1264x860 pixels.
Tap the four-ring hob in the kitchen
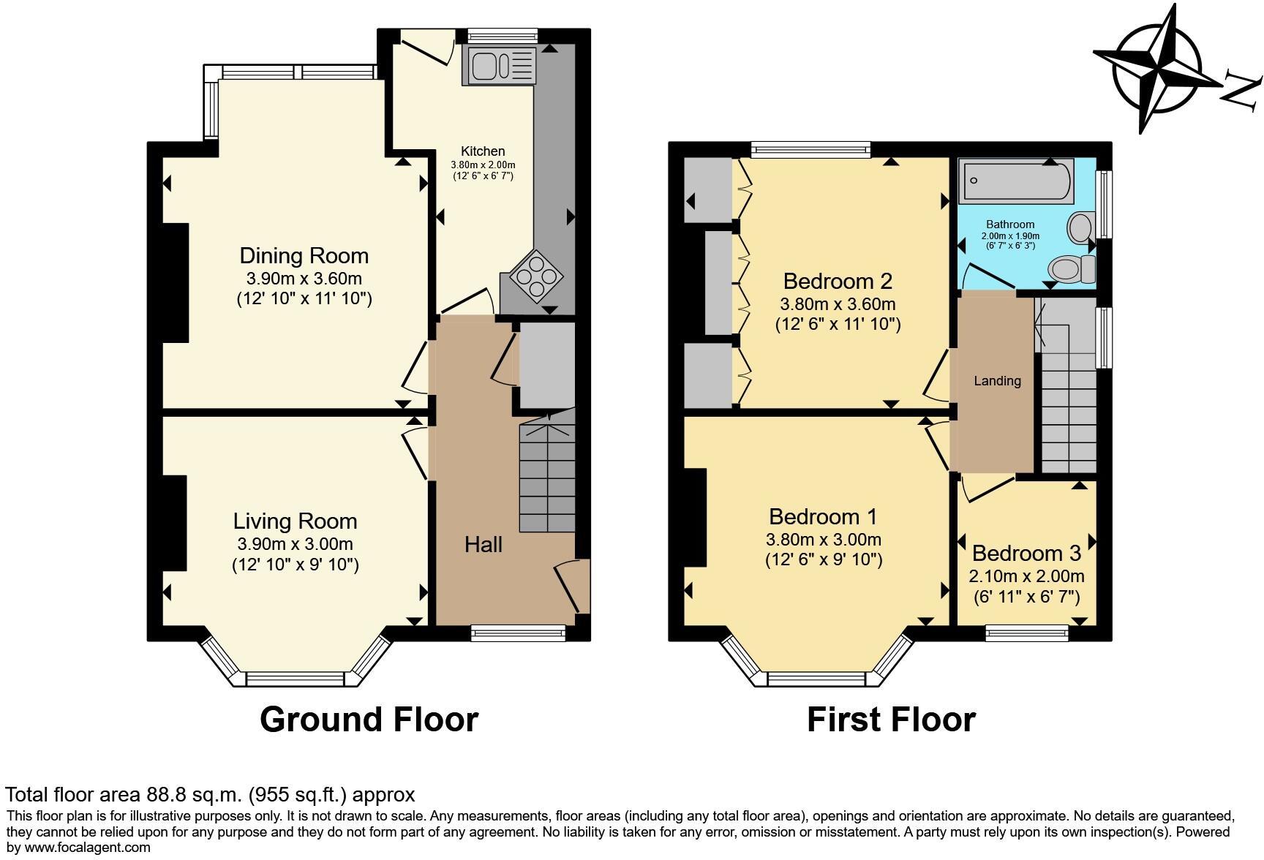[537, 277]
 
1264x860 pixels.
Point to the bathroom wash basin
[1080, 227]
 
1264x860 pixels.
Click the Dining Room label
[304, 255]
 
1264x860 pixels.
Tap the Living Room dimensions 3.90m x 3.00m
[295, 544]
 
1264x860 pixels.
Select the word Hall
[483, 544]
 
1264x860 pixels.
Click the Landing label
[997, 380]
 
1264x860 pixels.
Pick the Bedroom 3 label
[1026, 553]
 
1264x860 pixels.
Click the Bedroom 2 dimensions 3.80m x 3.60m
[838, 304]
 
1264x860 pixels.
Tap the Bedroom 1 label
[822, 517]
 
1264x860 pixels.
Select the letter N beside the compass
[1242, 89]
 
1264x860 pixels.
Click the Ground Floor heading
[369, 720]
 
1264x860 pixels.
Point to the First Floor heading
[890, 720]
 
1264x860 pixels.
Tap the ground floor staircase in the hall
[546, 479]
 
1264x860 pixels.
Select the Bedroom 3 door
[988, 489]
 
